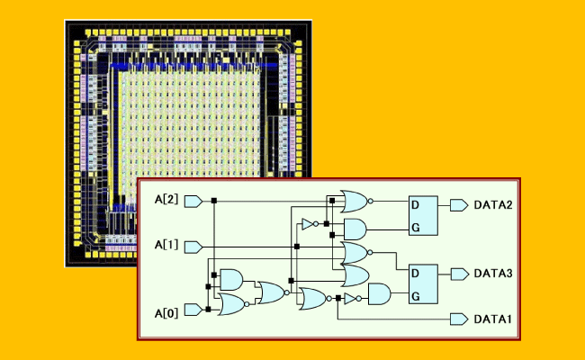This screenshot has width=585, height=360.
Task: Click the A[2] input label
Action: [166, 201]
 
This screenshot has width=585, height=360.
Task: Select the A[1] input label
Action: [166, 244]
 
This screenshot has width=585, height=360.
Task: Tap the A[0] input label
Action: [166, 311]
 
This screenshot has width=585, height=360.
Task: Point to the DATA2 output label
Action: [493, 206]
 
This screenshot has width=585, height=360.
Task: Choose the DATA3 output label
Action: [493, 273]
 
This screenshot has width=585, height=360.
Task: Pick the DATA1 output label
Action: [493, 319]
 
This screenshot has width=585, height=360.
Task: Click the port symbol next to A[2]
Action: [192, 201]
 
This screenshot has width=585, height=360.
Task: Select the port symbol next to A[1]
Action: [192, 244]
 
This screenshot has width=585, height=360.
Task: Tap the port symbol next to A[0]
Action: [192, 311]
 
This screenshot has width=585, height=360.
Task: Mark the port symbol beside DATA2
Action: [459, 206]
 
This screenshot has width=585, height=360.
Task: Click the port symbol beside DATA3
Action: [459, 273]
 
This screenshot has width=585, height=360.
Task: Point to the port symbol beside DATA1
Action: [459, 319]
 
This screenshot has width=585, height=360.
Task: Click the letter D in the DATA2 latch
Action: [415, 205]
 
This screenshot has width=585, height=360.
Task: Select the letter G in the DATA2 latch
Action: [415, 229]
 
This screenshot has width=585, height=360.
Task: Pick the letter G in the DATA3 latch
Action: [415, 296]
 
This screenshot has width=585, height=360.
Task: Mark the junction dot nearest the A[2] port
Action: [215, 201]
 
